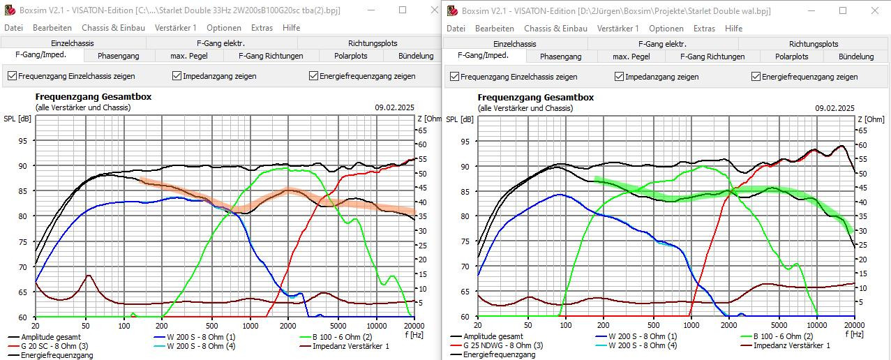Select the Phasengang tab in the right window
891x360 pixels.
[560, 57]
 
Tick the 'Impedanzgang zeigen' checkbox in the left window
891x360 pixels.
[177, 76]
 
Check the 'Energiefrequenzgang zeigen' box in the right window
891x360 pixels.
[756, 77]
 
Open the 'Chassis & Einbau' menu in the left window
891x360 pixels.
[113, 28]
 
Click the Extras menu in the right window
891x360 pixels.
[704, 29]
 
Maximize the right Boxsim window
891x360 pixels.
[842, 10]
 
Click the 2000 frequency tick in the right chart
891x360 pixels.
[728, 325]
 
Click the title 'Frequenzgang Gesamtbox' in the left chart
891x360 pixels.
[93, 97]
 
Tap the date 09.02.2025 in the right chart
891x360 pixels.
[834, 108]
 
